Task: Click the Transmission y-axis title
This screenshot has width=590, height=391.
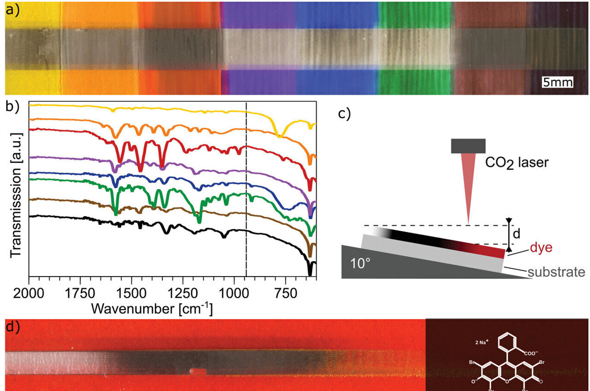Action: pos(16,194)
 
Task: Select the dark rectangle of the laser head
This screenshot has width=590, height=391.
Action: pos(468,145)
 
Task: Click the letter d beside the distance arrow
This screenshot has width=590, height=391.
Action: pos(517,234)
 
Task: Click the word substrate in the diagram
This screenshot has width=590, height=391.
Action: pos(556,271)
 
